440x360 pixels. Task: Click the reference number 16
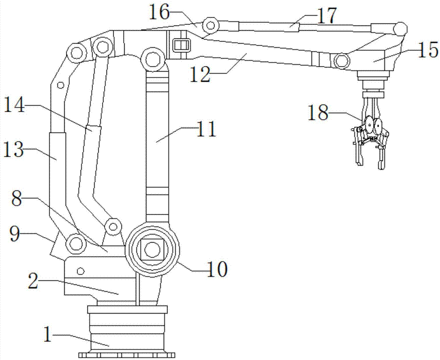click(159, 11)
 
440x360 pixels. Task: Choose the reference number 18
click(318, 113)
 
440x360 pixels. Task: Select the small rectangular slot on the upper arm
click(182, 45)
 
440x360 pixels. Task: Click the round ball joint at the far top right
click(400, 29)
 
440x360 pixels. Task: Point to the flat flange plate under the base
click(127, 354)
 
